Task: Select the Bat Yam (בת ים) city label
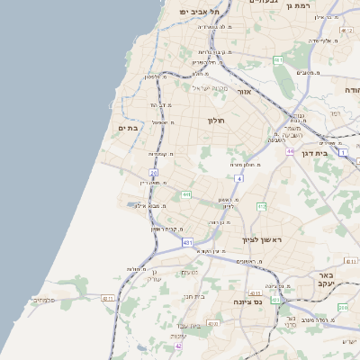(x=127, y=129)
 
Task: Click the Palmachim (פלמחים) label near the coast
(x=42, y=300)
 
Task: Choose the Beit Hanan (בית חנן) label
(x=194, y=295)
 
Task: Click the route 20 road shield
(x=154, y=172)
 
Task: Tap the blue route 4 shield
(x=239, y=179)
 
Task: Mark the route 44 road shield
(x=290, y=151)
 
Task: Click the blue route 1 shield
(x=343, y=152)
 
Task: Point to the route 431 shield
(x=187, y=243)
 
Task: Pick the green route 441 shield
(x=184, y=194)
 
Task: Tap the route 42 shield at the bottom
(x=178, y=346)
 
